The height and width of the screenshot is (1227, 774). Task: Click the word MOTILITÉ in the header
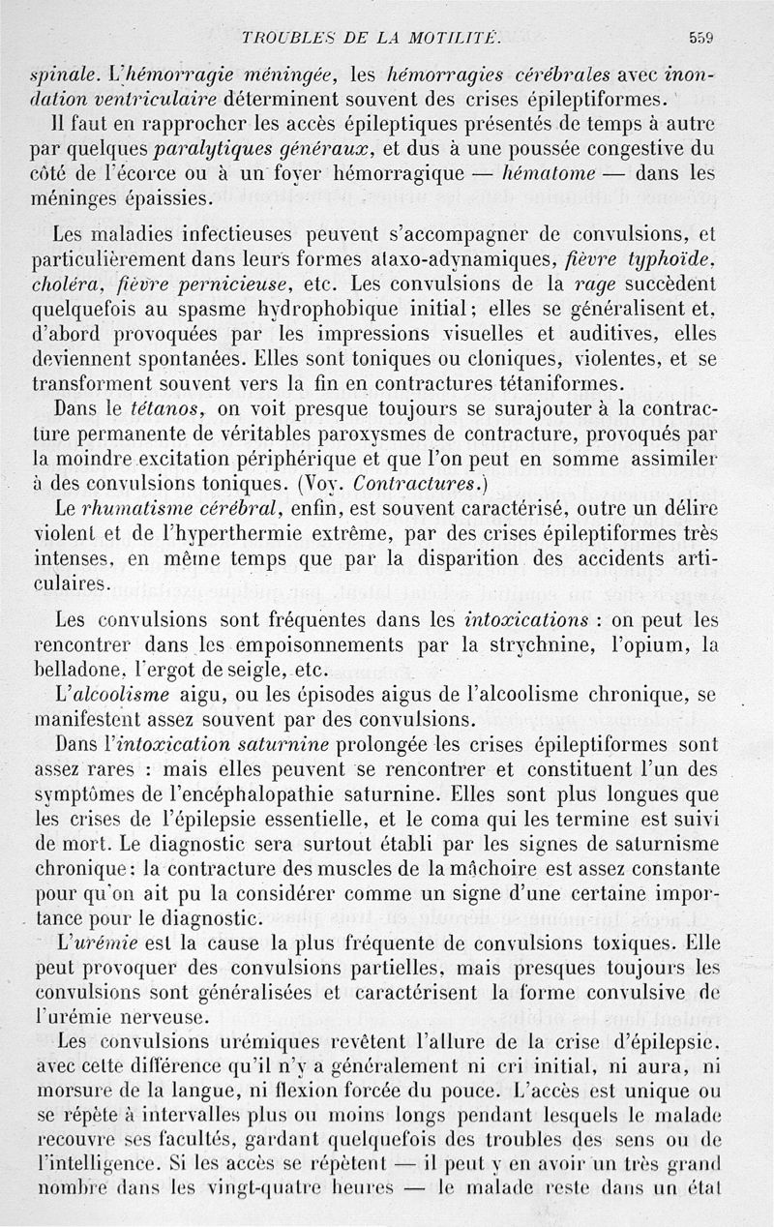(454, 38)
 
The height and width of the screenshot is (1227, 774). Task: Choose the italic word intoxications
(527, 617)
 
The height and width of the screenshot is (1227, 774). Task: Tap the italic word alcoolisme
(121, 694)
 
